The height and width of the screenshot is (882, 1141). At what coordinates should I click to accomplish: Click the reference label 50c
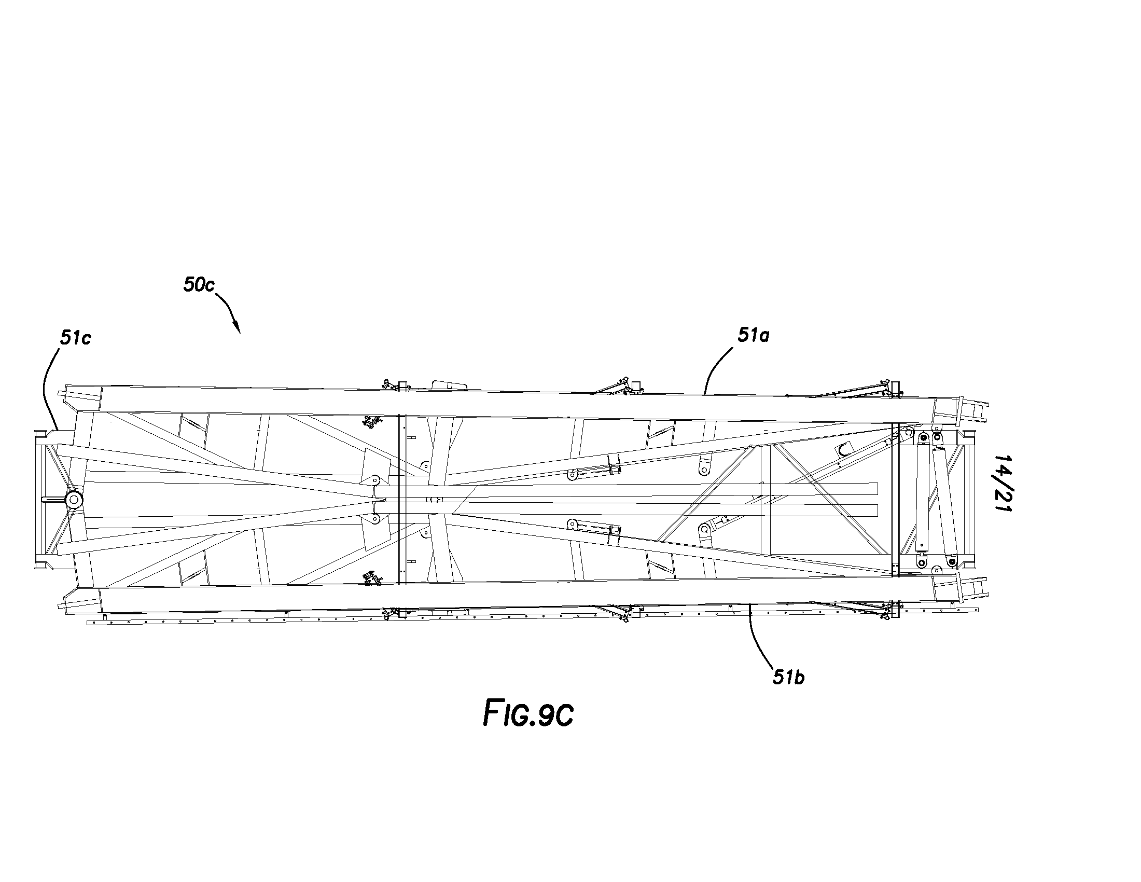(199, 285)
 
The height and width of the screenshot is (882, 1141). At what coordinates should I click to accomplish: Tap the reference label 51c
(75, 338)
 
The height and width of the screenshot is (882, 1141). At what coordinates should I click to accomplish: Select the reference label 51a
(754, 336)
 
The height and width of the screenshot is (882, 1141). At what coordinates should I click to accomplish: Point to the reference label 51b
(789, 678)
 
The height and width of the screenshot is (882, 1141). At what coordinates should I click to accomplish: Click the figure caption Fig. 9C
(528, 714)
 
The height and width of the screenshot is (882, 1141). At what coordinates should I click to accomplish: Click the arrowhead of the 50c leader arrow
(238, 329)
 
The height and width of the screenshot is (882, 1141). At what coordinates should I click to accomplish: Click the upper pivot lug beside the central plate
(374, 480)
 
